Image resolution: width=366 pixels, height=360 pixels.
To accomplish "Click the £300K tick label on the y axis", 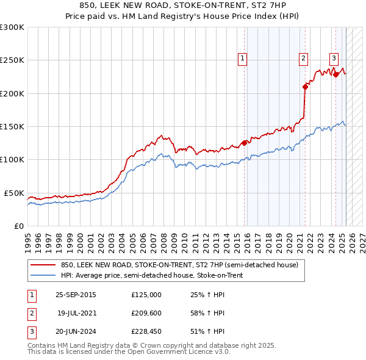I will (x=12, y=27).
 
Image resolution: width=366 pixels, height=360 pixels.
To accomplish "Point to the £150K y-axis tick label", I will (x=12, y=127).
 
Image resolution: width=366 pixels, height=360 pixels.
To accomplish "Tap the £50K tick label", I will (x=15, y=193).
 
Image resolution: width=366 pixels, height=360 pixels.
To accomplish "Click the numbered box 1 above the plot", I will (x=242, y=59).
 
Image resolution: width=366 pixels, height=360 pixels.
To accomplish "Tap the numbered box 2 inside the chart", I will (x=303, y=59).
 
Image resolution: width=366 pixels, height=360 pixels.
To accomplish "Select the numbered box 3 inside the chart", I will (x=334, y=59).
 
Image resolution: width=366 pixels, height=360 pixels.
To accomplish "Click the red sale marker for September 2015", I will (x=244, y=143).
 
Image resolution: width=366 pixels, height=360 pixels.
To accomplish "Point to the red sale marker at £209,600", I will (x=305, y=87).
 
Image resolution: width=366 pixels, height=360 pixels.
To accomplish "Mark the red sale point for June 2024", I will (x=336, y=74).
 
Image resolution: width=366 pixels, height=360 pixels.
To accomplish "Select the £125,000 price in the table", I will (x=146, y=295).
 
